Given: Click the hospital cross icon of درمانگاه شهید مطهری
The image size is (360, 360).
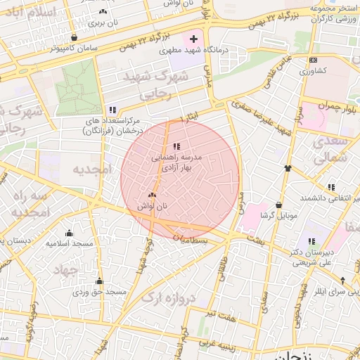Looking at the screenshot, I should tap(194, 38).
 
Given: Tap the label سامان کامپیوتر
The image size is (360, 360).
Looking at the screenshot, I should tap(74, 50).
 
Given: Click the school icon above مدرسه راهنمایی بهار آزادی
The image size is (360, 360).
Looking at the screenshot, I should tap(176, 146).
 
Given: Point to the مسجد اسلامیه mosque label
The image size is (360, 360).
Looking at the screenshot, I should tap(70, 243).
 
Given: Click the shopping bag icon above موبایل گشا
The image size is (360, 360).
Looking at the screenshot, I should tap(280, 205).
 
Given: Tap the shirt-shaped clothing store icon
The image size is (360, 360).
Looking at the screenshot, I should tap(288, 168).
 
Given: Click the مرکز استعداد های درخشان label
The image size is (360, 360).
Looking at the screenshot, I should tap(112, 124).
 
